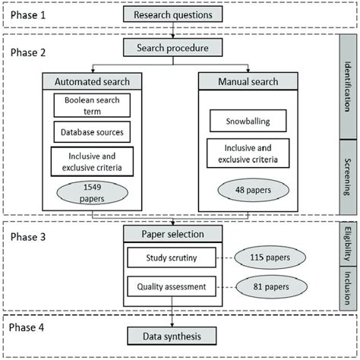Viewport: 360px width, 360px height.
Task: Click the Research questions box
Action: pos(178,14)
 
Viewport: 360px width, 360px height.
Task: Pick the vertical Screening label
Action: pos(349,175)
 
